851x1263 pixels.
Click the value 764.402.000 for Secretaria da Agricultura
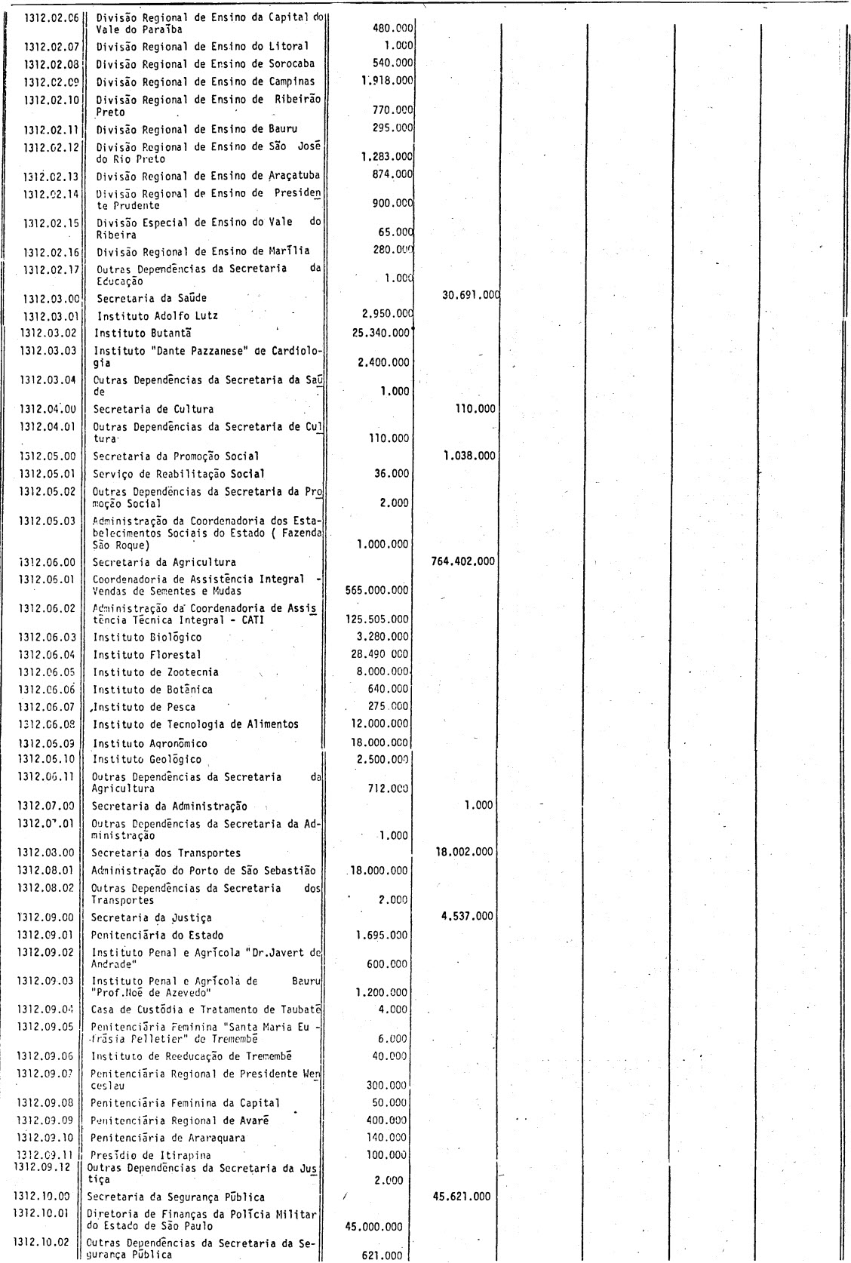click(x=462, y=561)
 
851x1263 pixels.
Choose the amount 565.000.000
click(x=377, y=591)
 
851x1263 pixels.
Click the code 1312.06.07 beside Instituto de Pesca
click(x=48, y=707)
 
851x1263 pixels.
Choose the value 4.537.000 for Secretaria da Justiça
click(x=468, y=917)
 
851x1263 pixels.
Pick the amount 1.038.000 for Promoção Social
click(x=469, y=456)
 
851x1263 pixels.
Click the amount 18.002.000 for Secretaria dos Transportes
click(x=465, y=852)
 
